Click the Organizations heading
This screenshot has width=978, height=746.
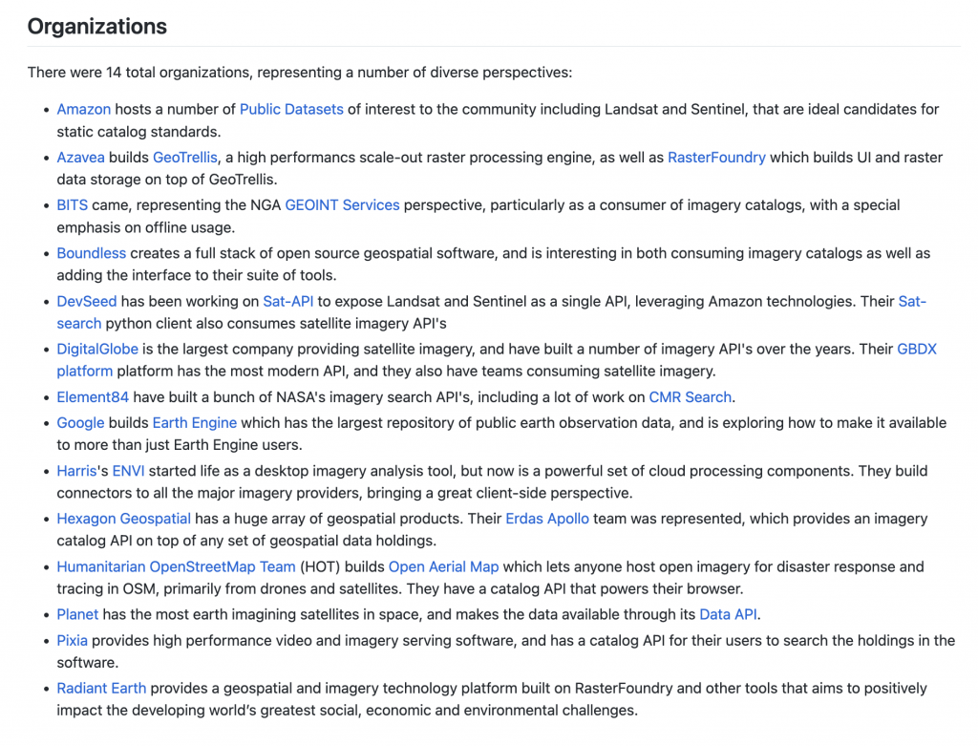click(96, 27)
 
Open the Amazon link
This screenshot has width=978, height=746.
click(84, 109)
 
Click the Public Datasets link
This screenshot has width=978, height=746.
click(291, 109)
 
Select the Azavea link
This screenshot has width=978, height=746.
click(80, 157)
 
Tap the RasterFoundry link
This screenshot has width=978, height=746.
click(716, 157)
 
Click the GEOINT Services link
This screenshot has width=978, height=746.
click(342, 204)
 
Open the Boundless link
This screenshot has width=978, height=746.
click(91, 253)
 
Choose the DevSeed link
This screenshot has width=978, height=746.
click(87, 301)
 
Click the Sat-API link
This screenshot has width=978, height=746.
click(288, 301)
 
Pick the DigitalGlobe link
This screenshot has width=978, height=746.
click(97, 349)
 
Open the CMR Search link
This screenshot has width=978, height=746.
click(690, 396)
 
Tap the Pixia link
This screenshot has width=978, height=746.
click(73, 640)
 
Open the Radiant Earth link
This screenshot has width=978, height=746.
click(101, 688)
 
